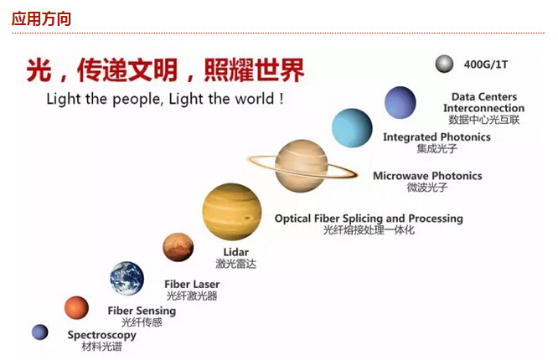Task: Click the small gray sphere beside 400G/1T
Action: [x=444, y=64]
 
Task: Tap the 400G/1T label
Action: [x=486, y=64]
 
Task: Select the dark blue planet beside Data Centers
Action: [x=400, y=102]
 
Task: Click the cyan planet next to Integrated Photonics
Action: [x=352, y=128]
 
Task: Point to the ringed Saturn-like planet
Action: [x=302, y=166]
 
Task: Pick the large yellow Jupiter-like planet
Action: [x=232, y=212]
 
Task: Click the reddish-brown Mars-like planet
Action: [x=178, y=247]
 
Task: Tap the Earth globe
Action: [x=127, y=279]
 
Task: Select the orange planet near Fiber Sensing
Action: [x=76, y=308]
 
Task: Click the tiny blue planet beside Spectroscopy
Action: [x=40, y=332]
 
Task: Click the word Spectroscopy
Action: [x=101, y=335]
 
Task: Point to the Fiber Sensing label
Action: [x=142, y=311]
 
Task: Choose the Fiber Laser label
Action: [x=192, y=284]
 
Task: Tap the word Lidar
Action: [x=235, y=252]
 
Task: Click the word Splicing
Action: [x=362, y=219]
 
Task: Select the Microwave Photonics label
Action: [x=427, y=176]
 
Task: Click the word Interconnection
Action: [x=483, y=108]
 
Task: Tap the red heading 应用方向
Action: [x=41, y=18]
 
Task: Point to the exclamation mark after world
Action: [x=282, y=98]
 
